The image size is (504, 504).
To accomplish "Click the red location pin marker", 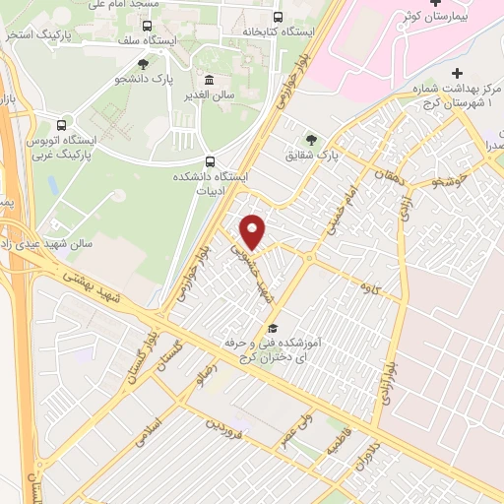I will pos(254,230).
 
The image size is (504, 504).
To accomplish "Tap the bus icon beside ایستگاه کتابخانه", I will pos(278,17).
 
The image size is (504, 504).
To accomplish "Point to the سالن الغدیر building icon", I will pos(208,80).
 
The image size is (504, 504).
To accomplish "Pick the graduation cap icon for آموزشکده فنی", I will pos(273,329).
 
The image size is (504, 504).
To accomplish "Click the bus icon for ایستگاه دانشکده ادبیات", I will pos(209,161).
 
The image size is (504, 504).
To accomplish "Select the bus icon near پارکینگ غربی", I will pos(61,126).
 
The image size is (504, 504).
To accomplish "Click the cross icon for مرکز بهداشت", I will pos(458,74).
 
